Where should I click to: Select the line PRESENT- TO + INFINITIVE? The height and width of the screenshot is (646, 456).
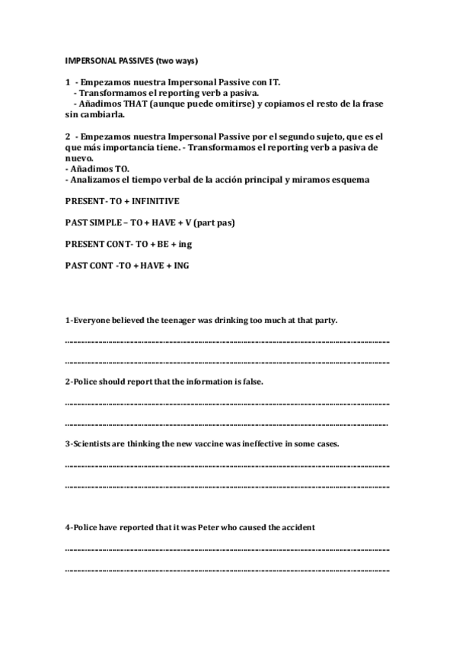tap(121, 201)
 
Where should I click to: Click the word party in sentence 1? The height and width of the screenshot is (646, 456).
tap(322, 321)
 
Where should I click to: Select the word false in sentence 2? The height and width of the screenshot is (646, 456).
tap(250, 381)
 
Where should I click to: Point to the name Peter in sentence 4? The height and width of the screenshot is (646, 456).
tap(221, 527)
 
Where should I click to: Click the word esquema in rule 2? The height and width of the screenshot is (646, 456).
tap(347, 180)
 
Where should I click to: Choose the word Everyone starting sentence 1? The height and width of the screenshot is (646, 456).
tap(88, 321)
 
